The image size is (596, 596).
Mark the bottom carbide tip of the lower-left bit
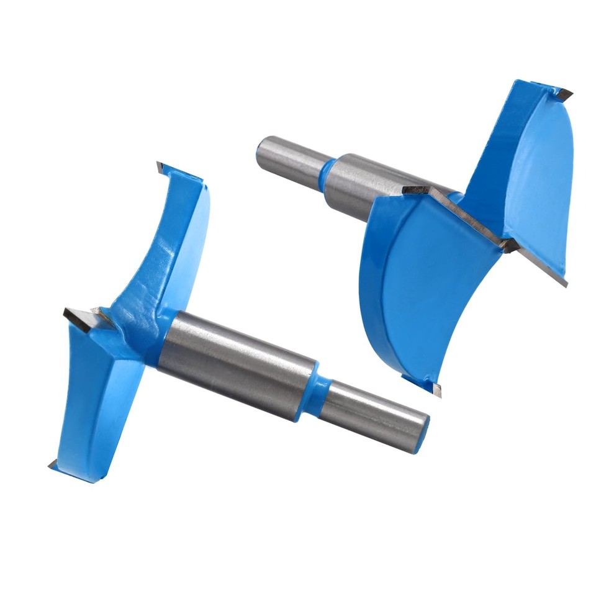tap(52, 464)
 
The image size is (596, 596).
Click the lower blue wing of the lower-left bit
tap(93, 404)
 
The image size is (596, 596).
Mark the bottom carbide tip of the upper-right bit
tap(435, 389)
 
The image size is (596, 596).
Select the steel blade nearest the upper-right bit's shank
tap(435, 199)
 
